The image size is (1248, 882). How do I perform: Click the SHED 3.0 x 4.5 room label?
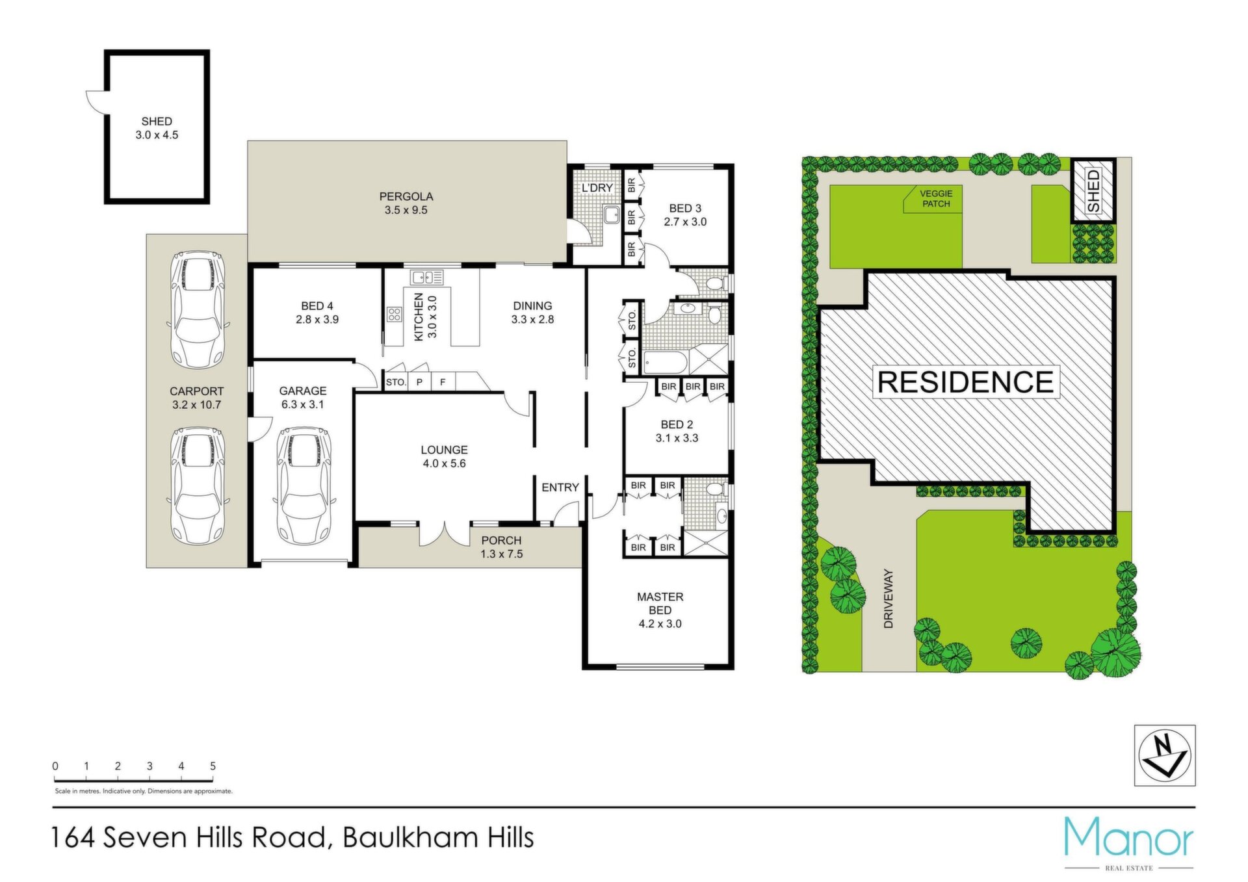pyautogui.click(x=157, y=128)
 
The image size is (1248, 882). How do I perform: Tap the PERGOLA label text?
pyautogui.click(x=406, y=196)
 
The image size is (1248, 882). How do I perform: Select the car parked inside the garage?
pyautogui.click(x=304, y=486)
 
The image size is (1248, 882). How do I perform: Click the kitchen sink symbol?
pyautogui.click(x=427, y=278)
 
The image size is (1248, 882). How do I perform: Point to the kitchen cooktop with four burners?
pyautogui.click(x=395, y=315)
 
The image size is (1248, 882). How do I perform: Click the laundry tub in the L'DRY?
pyautogui.click(x=612, y=215)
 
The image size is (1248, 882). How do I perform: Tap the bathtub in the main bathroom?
pyautogui.click(x=665, y=361)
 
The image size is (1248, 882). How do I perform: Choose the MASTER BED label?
pyautogui.click(x=660, y=603)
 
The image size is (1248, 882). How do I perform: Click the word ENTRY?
pyautogui.click(x=560, y=487)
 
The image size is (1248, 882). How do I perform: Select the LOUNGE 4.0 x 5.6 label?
pyautogui.click(x=444, y=456)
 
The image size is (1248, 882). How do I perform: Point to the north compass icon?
pyautogui.click(x=1165, y=755)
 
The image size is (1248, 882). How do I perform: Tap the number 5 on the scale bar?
pyautogui.click(x=213, y=766)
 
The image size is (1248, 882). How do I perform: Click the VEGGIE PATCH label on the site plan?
pyautogui.click(x=936, y=198)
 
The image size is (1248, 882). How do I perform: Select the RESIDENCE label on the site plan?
pyautogui.click(x=966, y=382)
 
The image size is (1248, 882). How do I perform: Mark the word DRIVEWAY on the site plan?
pyautogui.click(x=889, y=599)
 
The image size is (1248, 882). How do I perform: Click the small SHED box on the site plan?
pyautogui.click(x=1093, y=190)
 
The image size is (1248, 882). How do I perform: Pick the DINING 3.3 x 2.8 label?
pyautogui.click(x=532, y=313)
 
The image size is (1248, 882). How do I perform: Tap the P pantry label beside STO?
pyautogui.click(x=420, y=382)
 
